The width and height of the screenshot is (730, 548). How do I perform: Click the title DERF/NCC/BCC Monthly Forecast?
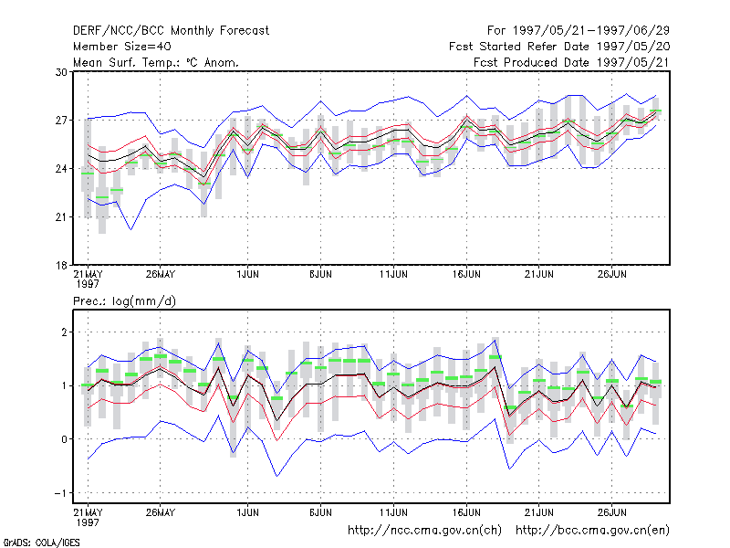(x=171, y=31)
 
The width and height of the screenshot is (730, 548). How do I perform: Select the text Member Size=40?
(x=122, y=47)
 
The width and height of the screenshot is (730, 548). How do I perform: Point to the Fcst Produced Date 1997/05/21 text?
(x=571, y=62)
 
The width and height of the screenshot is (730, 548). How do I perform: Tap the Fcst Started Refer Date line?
(x=559, y=47)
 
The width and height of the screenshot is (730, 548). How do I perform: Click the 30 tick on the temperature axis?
(x=61, y=72)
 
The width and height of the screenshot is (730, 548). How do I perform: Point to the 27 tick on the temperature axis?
(x=61, y=121)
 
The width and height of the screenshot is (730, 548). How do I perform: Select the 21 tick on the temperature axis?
(x=61, y=217)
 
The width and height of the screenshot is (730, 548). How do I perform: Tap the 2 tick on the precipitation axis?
(x=64, y=332)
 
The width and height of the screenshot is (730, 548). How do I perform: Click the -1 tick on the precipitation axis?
(x=60, y=493)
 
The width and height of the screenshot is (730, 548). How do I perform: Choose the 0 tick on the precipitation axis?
(x=64, y=439)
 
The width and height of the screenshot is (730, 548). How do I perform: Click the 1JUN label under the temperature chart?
(x=247, y=274)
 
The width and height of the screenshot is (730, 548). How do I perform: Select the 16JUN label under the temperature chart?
(x=466, y=274)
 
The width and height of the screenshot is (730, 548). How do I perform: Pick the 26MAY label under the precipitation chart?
(x=161, y=512)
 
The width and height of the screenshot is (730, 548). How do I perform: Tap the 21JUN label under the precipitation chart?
(x=539, y=512)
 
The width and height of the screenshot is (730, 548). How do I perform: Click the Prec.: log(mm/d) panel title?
(x=124, y=301)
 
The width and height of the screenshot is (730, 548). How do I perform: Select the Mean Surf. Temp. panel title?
(x=156, y=62)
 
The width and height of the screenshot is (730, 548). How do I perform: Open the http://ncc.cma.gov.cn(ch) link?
(x=424, y=531)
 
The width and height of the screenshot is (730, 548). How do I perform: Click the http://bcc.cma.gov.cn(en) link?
(x=592, y=531)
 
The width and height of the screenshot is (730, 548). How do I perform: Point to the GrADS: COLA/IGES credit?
(x=41, y=543)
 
